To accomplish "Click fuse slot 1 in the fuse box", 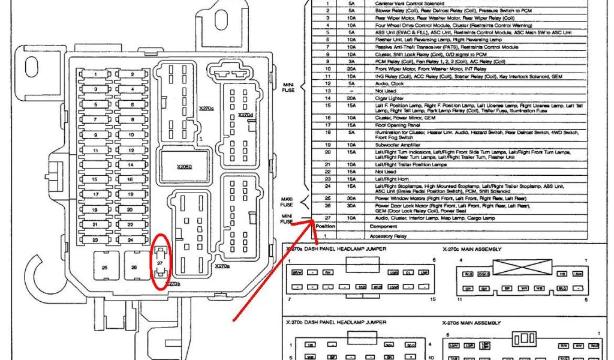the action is pos(96,75).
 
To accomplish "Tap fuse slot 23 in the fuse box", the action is pos(96,239).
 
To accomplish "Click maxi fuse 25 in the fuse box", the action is pos(105,267).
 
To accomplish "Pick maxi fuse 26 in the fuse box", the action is pos(134,267).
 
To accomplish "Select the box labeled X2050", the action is pos(184,166).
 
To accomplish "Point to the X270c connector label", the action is pos(206,110).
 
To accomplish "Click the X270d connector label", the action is pos(245,115).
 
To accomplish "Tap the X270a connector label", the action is pos(222,265).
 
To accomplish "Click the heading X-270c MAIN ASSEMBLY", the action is pos(472,249).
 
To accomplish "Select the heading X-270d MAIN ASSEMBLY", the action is pos(472,322).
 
